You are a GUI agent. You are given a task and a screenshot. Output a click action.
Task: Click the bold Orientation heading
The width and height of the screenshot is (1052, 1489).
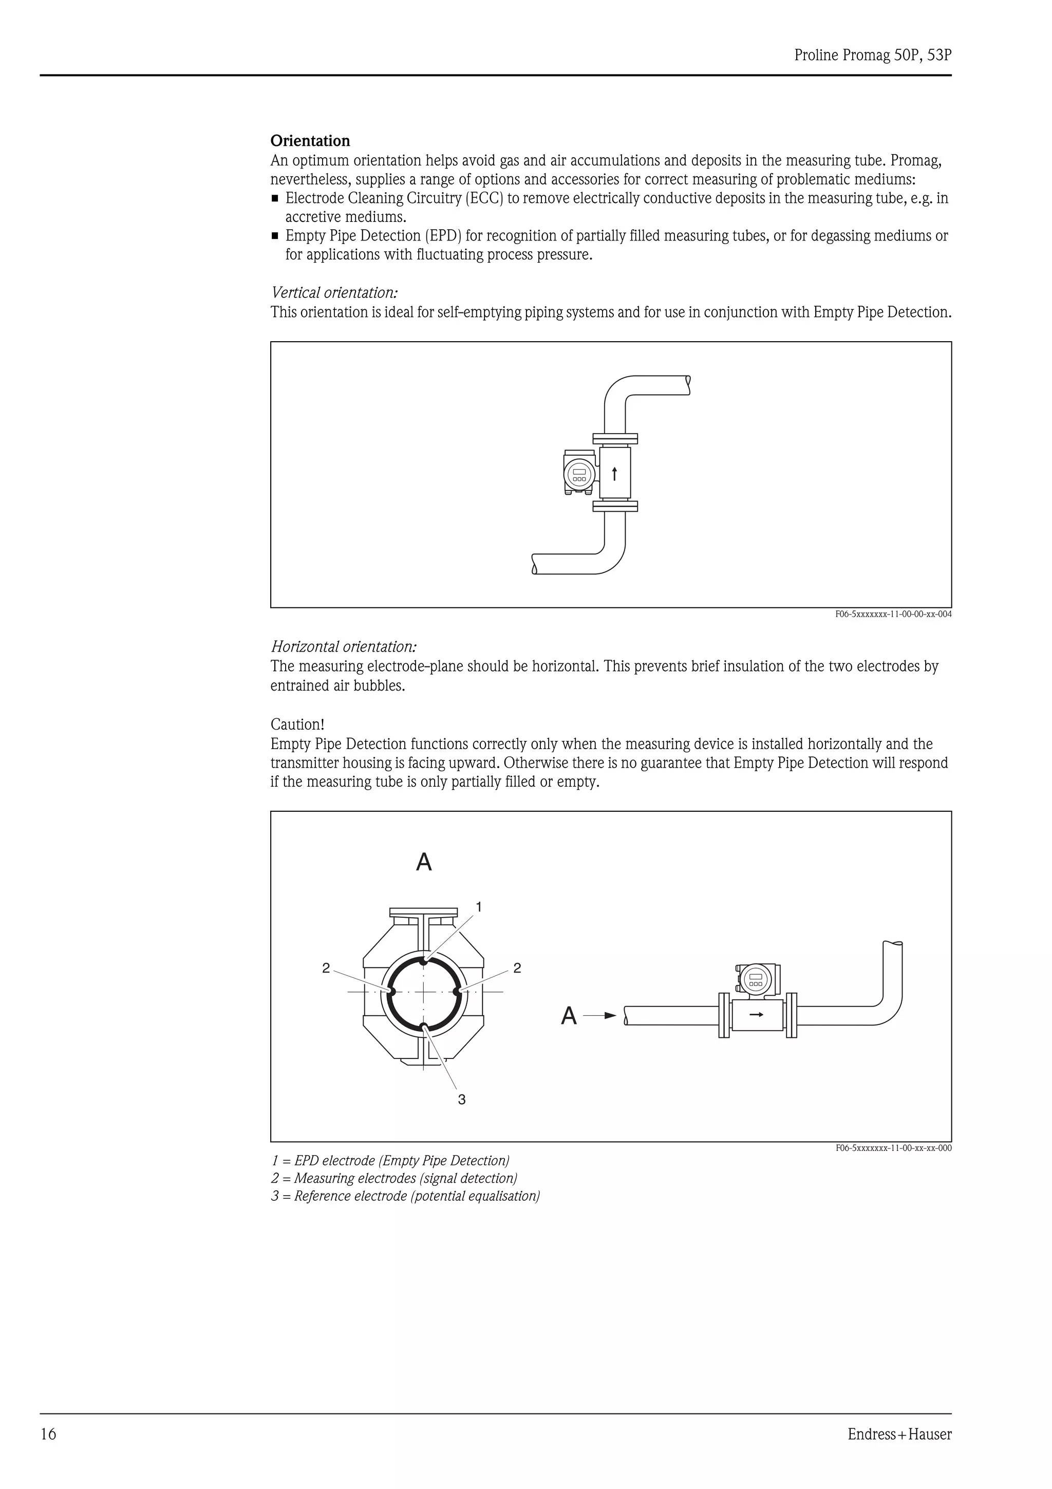pyautogui.click(x=310, y=141)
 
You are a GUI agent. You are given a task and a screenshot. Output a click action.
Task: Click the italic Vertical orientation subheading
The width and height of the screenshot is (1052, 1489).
pyautogui.click(x=334, y=292)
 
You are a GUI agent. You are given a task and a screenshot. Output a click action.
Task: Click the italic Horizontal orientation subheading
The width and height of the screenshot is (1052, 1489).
pyautogui.click(x=344, y=646)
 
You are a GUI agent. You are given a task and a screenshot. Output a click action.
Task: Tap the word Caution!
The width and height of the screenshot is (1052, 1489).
pyautogui.click(x=297, y=724)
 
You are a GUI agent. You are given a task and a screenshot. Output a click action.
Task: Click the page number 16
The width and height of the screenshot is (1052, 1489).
pyautogui.click(x=49, y=1434)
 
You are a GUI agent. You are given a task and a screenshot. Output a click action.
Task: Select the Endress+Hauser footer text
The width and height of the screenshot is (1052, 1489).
pyautogui.click(x=899, y=1434)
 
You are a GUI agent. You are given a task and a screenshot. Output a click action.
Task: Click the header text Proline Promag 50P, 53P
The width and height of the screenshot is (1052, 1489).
pyautogui.click(x=872, y=56)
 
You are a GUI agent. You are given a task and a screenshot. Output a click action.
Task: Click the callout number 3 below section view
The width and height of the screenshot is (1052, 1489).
pyautogui.click(x=461, y=1099)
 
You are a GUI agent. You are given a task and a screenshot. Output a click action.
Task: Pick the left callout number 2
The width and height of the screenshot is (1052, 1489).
pyautogui.click(x=326, y=968)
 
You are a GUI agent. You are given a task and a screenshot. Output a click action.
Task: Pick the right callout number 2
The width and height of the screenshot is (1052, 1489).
pyautogui.click(x=517, y=968)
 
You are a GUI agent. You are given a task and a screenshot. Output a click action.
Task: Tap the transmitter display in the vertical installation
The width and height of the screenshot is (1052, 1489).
pyautogui.click(x=579, y=474)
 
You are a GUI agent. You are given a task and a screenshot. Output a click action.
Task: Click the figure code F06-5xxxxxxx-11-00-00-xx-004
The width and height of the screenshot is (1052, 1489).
pyautogui.click(x=893, y=614)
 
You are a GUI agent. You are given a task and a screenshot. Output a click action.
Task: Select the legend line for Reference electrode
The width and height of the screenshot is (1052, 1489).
pyautogui.click(x=405, y=1196)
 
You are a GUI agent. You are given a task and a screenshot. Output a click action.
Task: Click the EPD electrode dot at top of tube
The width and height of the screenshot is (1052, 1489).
pyautogui.click(x=423, y=962)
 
